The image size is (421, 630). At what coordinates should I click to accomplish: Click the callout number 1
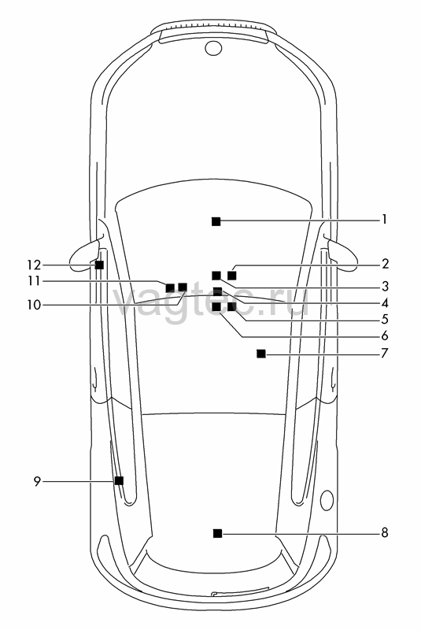[x=385, y=220]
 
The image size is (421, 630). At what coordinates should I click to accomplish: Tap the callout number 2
[x=385, y=264]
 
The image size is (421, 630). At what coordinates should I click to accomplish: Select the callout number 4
[x=385, y=302]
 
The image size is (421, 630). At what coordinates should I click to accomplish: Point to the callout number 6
[x=385, y=335]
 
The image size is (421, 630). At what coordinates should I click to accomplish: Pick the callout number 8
[x=385, y=533]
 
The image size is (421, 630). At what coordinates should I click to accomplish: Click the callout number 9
[x=37, y=481]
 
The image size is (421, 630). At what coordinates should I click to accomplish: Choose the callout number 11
[x=35, y=281]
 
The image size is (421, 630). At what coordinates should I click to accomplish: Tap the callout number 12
[x=35, y=265]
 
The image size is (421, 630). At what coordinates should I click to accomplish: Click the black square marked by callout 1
[x=216, y=221]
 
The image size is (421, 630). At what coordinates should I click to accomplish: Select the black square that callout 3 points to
[x=216, y=275]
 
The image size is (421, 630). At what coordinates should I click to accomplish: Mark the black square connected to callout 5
[x=231, y=307]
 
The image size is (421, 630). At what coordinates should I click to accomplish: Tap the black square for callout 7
[x=261, y=354]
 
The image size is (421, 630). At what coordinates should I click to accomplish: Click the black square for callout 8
[x=217, y=533]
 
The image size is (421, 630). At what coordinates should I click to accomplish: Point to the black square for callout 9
[x=119, y=480]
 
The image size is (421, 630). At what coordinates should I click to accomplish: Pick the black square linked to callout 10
[x=183, y=287]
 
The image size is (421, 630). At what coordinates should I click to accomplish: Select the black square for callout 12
[x=99, y=265]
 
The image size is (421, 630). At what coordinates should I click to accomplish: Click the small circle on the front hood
[x=213, y=47]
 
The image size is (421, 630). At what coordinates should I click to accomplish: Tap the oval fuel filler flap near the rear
[x=327, y=500]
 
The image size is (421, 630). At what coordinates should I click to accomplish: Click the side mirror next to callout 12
[x=83, y=258]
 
